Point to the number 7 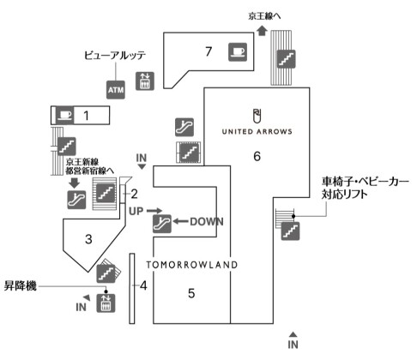208,51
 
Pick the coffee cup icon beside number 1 64,114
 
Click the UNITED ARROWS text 257,132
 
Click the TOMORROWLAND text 191,265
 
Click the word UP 136,210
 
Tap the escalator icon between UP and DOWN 160,224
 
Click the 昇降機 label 23,285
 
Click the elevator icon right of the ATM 145,80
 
